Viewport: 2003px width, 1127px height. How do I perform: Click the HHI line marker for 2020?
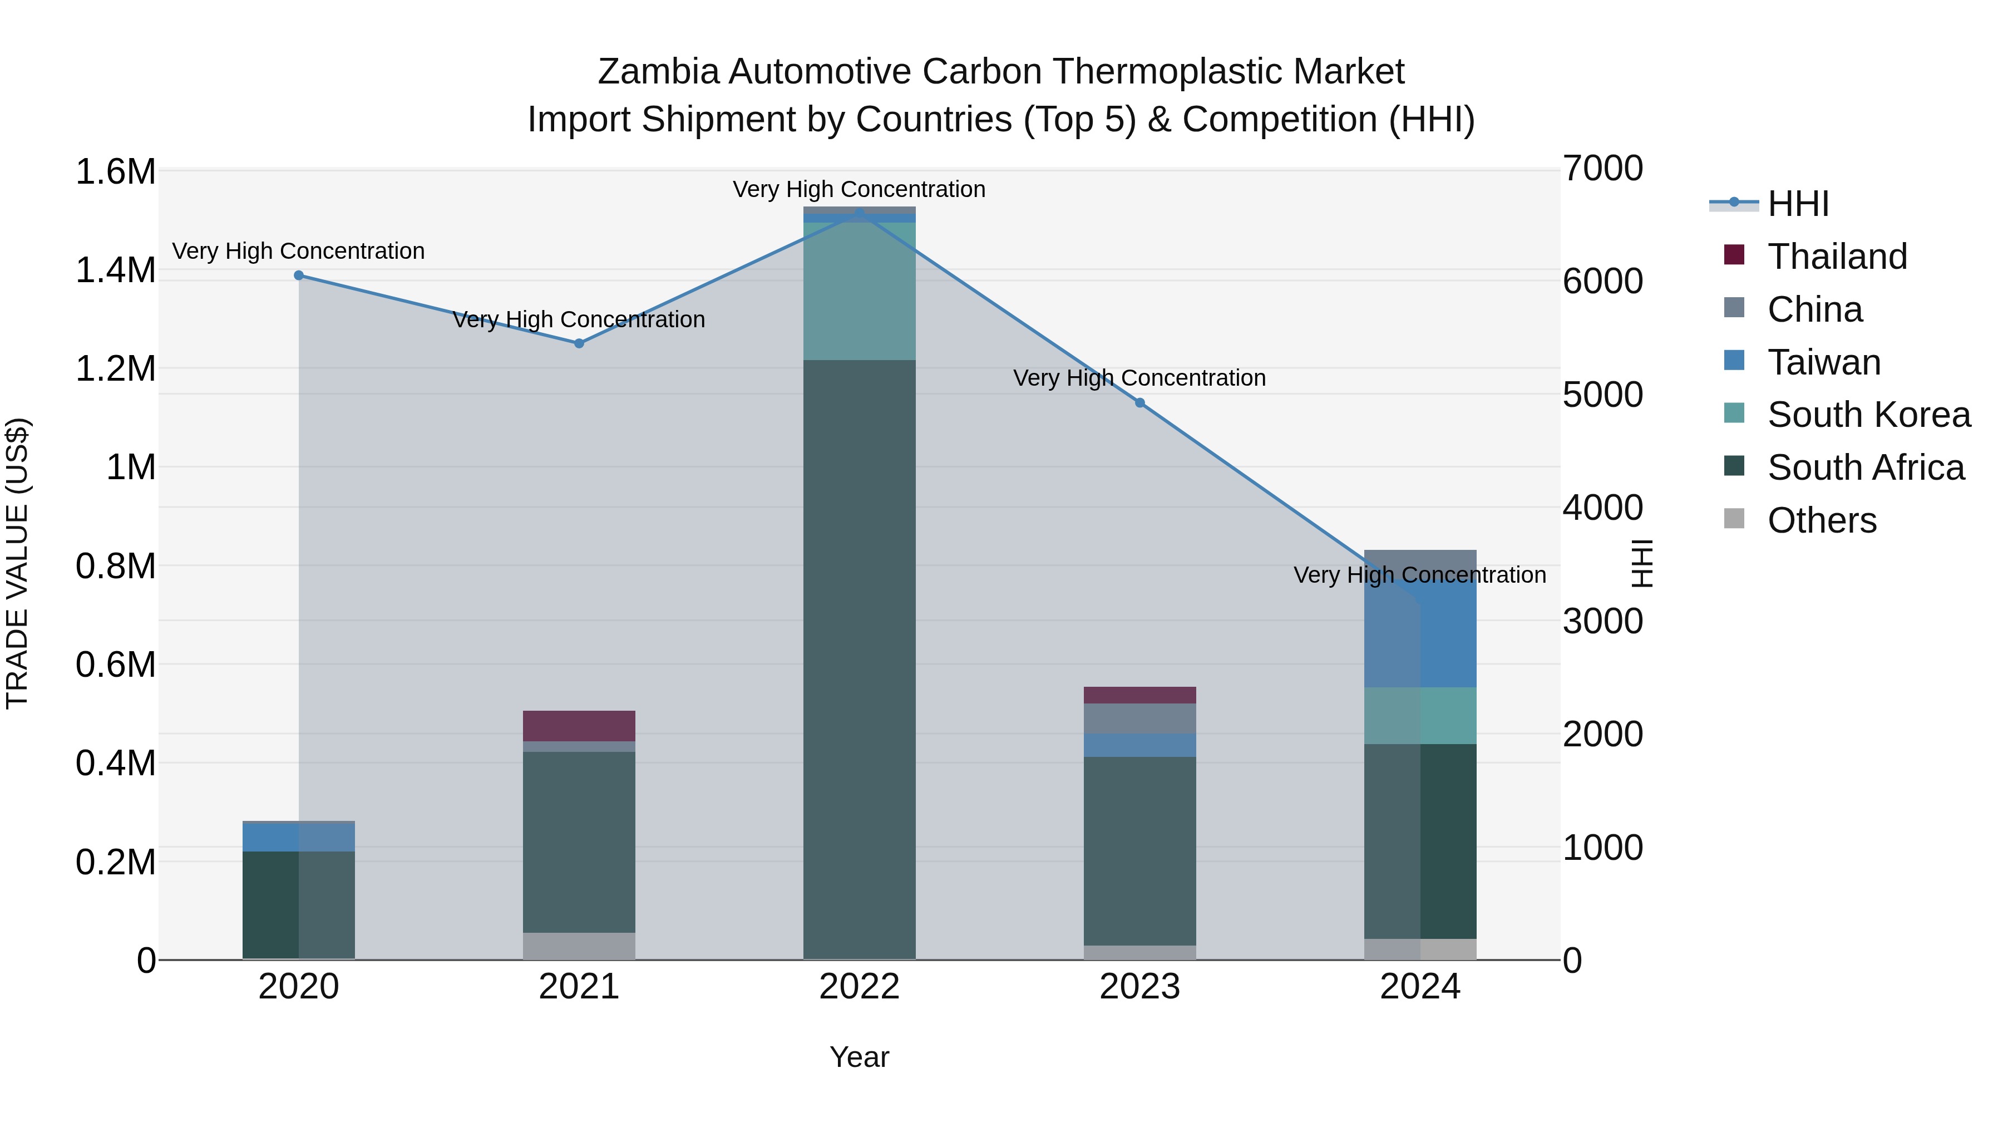299,275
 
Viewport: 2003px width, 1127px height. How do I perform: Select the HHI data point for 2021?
579,343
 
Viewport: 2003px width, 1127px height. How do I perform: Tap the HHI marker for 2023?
1140,403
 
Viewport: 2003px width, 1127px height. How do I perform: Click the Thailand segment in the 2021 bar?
579,726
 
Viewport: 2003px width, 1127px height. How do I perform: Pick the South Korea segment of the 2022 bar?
859,291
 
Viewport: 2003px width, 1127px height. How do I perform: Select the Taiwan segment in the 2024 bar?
1420,634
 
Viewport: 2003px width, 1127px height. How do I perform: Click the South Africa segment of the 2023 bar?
1140,851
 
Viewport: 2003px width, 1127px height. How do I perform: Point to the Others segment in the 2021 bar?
579,946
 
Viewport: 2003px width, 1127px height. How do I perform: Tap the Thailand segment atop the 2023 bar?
1140,695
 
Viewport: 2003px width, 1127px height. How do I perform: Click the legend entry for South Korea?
1868,415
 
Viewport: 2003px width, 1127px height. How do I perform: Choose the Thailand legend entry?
1837,257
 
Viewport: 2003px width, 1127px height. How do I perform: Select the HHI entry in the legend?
1798,204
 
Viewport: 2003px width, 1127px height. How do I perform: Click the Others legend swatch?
1734,519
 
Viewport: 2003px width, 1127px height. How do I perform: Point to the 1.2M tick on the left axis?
115,368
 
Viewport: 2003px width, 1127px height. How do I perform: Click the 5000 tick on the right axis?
1602,395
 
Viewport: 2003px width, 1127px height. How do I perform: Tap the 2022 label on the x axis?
859,987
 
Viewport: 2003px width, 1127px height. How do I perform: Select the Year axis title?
859,1057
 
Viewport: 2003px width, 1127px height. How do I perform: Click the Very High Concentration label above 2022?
859,189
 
